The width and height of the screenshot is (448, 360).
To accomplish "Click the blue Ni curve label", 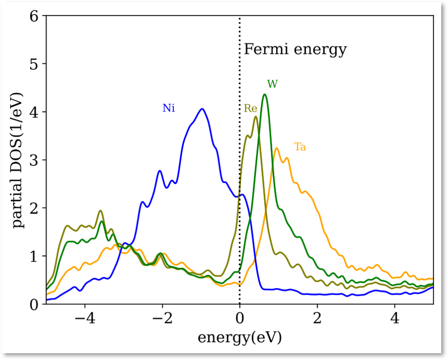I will tap(169, 108).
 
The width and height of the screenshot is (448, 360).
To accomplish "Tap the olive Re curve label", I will tap(250, 109).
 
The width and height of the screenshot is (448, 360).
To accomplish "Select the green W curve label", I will tap(272, 84).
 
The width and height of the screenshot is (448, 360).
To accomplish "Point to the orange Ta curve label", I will tap(300, 147).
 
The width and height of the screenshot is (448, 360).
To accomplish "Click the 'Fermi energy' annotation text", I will tap(295, 50).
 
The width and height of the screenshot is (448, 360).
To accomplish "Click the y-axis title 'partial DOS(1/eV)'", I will tap(19, 159).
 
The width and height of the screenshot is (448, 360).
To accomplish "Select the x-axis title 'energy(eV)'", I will tap(239, 337).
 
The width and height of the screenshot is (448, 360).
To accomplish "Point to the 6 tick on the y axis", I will tap(34, 16).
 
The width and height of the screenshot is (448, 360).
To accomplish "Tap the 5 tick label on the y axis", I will tap(34, 64).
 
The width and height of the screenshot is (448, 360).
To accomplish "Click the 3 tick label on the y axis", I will tap(34, 160).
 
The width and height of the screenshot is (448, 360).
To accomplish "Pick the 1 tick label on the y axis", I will tap(34, 256).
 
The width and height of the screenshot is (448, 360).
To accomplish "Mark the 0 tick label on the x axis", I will tap(240, 318).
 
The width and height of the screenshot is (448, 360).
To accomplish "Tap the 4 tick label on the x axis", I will tap(395, 318).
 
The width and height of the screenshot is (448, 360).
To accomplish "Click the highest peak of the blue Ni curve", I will tap(201, 109).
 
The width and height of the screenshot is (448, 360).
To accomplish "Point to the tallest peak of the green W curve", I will tap(265, 95).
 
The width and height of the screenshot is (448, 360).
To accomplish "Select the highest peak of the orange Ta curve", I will tap(277, 148).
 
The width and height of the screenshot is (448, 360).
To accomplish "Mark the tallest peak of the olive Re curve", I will tap(255, 117).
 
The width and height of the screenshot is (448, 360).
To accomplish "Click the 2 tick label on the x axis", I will tap(317, 318).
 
